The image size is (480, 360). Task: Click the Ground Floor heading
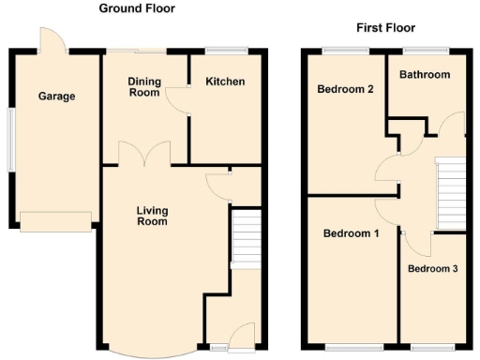click(x=137, y=8)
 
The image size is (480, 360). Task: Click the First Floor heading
click(x=385, y=28)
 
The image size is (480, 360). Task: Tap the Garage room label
click(x=56, y=96)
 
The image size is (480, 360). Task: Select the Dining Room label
click(x=145, y=87)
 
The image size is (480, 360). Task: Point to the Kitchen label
click(x=225, y=82)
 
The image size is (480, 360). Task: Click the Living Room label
click(x=152, y=216)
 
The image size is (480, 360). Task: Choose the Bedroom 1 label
click(x=351, y=233)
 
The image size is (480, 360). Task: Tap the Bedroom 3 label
click(x=432, y=269)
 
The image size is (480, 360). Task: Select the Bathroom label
click(x=424, y=75)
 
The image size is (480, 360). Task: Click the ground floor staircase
click(x=245, y=238)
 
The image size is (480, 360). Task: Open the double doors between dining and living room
click(x=143, y=155)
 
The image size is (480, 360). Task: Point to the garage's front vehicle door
click(x=56, y=221)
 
